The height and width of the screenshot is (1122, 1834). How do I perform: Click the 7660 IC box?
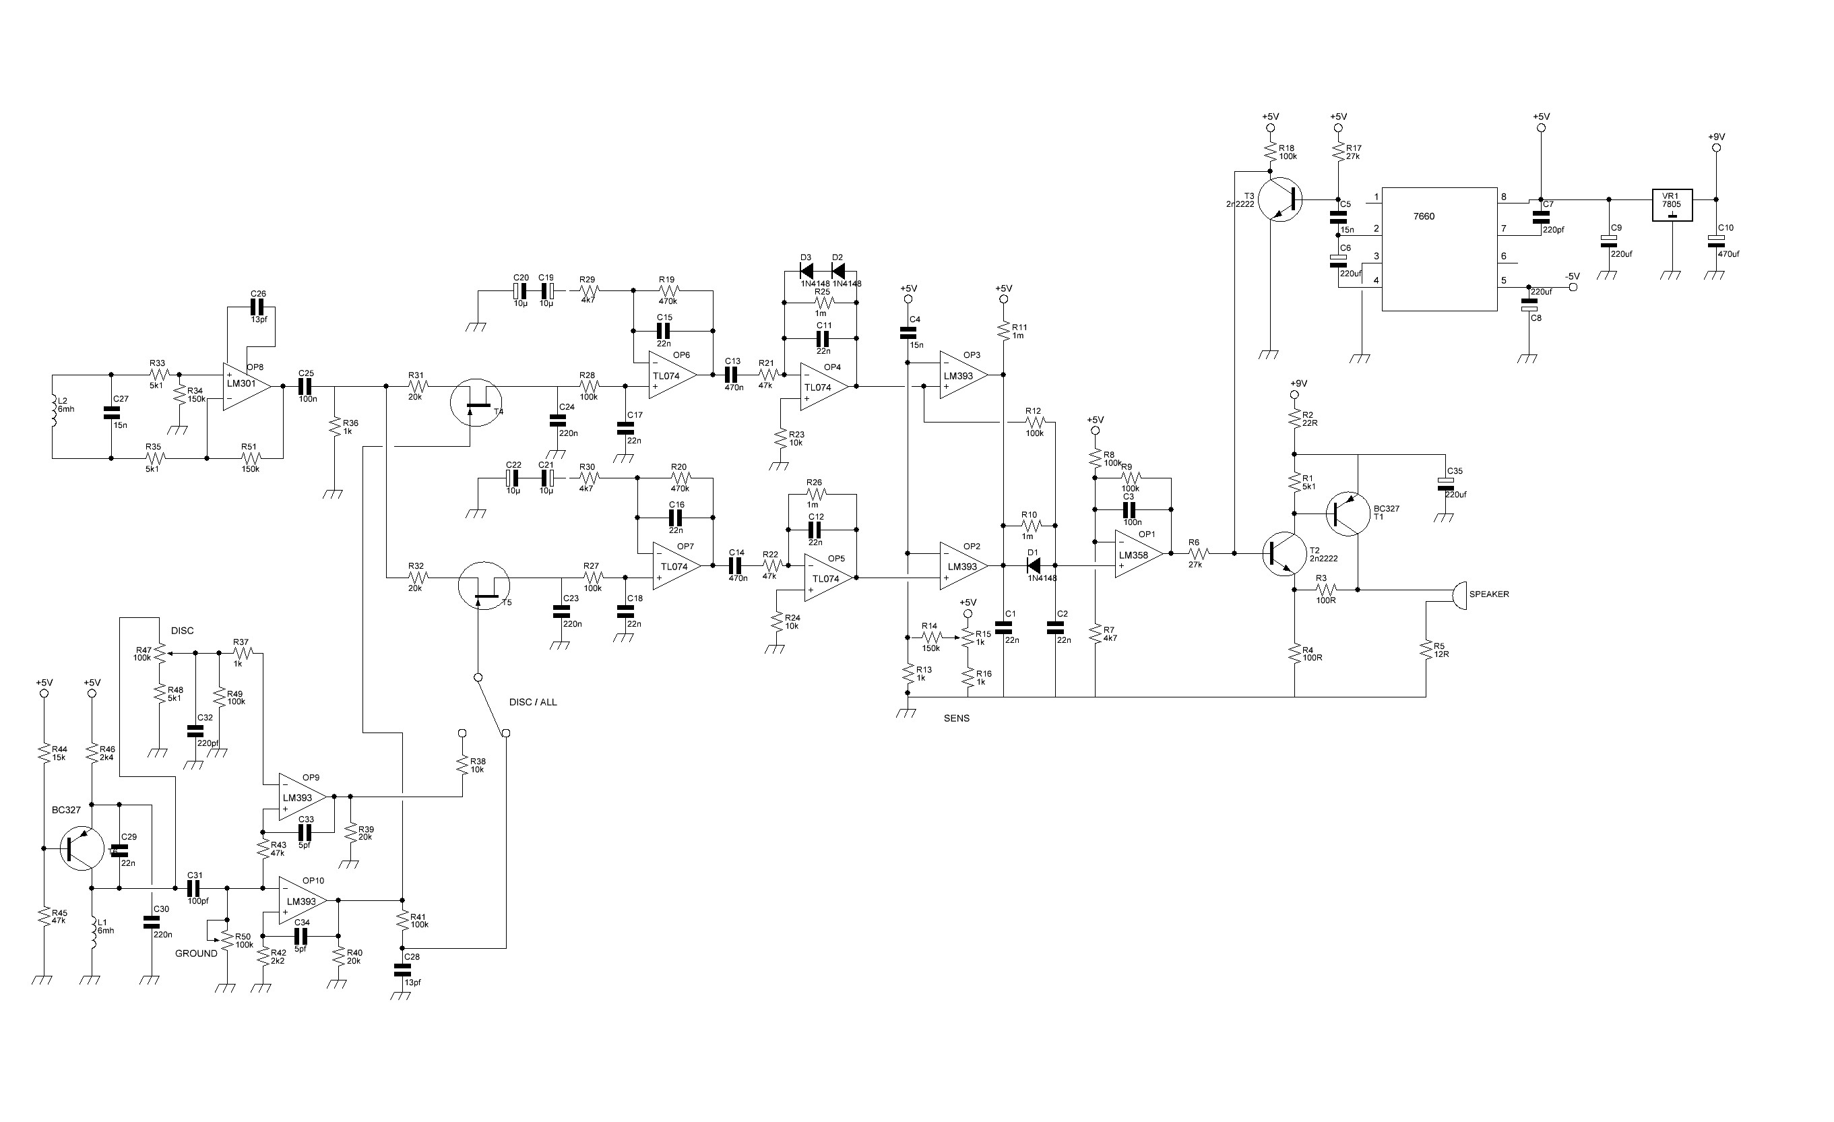(x=1438, y=249)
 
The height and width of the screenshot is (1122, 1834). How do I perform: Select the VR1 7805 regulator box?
(x=1672, y=205)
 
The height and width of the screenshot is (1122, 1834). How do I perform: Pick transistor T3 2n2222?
(x=1281, y=199)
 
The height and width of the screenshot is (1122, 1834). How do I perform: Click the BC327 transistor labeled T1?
(x=1348, y=513)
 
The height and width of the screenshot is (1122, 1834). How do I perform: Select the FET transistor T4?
(x=476, y=402)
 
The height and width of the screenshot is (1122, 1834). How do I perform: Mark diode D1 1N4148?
(x=1033, y=566)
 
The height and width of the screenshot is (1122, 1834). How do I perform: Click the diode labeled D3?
(x=805, y=271)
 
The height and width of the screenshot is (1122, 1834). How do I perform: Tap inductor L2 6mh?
(x=54, y=412)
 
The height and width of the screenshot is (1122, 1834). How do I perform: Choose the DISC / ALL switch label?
(x=533, y=702)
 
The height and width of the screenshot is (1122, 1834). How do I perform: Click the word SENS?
(x=957, y=718)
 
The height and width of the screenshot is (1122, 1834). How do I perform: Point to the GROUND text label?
(x=196, y=954)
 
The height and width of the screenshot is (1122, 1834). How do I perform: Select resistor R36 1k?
(x=336, y=427)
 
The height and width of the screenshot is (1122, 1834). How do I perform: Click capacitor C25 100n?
(x=306, y=385)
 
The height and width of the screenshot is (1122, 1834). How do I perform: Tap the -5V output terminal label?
(x=1571, y=277)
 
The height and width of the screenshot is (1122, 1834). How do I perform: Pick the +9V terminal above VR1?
(x=1715, y=137)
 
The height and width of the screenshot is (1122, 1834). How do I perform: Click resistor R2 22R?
(x=1294, y=418)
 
